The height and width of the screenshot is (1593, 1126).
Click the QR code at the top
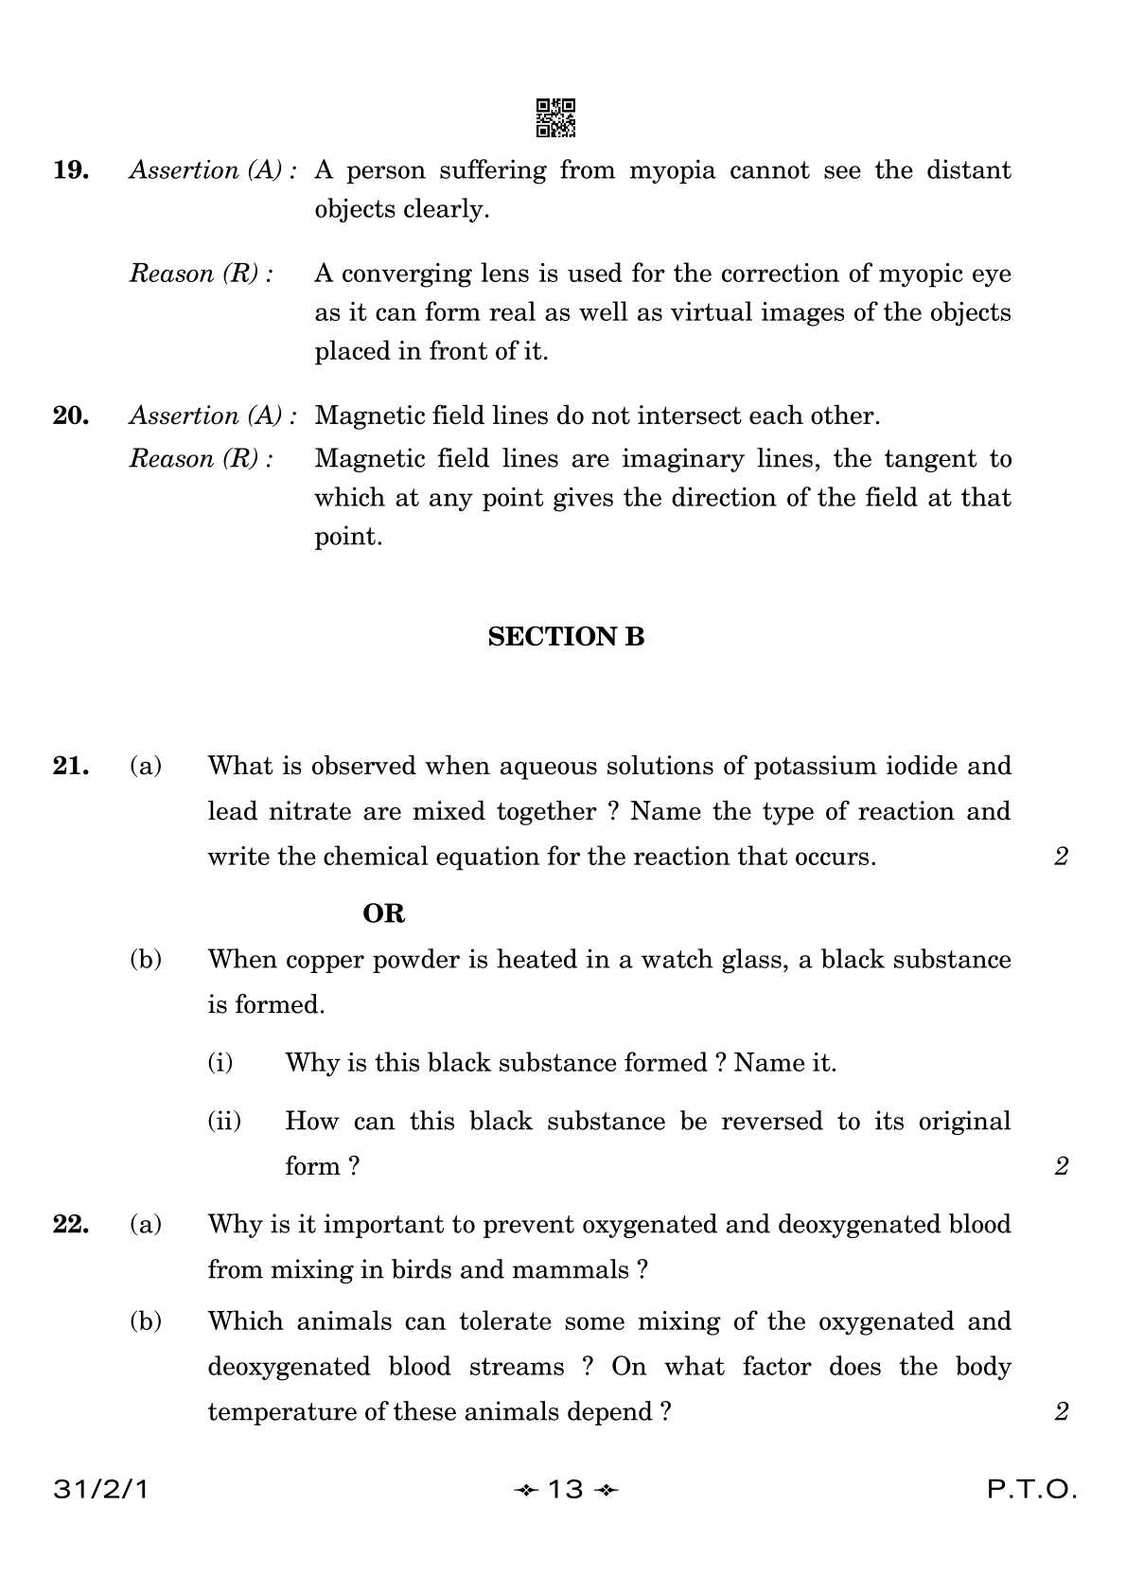(555, 117)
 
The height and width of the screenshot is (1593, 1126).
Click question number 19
(71, 170)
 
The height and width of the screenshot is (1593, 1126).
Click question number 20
(71, 416)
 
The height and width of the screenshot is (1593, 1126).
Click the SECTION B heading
(566, 637)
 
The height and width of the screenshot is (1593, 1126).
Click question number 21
(71, 766)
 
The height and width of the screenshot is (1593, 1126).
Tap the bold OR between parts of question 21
(383, 913)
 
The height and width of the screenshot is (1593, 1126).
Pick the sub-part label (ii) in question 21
(224, 1122)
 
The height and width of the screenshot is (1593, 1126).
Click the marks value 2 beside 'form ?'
(1061, 1166)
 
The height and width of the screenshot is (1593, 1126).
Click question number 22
(71, 1225)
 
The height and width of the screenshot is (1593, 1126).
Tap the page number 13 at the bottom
(565, 1490)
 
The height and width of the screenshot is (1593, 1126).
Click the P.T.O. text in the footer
(1032, 1490)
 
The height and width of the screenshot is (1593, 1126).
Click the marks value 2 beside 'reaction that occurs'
(1061, 857)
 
